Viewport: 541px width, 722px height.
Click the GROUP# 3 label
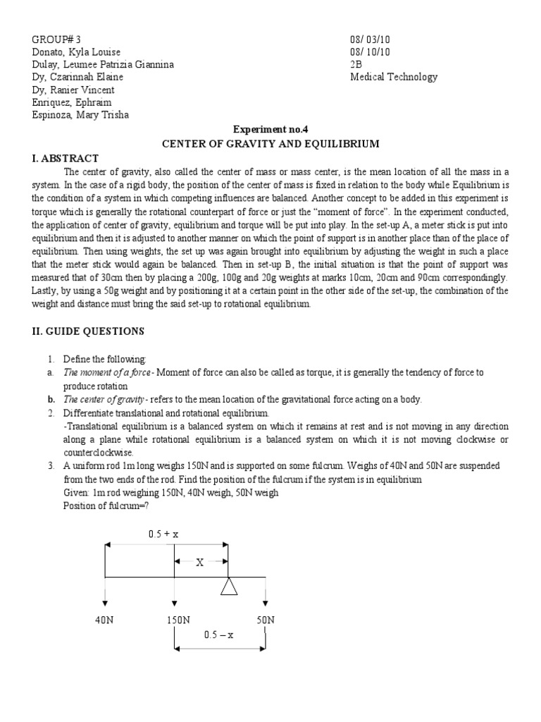tap(61, 39)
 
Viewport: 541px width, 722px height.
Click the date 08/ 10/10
tap(371, 52)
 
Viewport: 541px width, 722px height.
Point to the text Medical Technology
tap(394, 78)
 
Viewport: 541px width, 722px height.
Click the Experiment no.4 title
tap(270, 130)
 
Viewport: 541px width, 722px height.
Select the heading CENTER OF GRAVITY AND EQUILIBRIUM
tap(270, 144)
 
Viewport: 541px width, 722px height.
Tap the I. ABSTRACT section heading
tap(66, 158)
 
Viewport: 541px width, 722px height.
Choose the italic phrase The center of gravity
tap(104, 399)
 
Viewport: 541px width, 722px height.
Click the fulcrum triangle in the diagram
tap(228, 586)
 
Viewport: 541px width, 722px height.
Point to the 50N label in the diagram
tap(265, 620)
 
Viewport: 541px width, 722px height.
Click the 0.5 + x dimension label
tap(163, 534)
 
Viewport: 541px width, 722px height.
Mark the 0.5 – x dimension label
tap(218, 635)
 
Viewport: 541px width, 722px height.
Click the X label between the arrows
tap(199, 563)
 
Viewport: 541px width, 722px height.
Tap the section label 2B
tap(356, 65)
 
